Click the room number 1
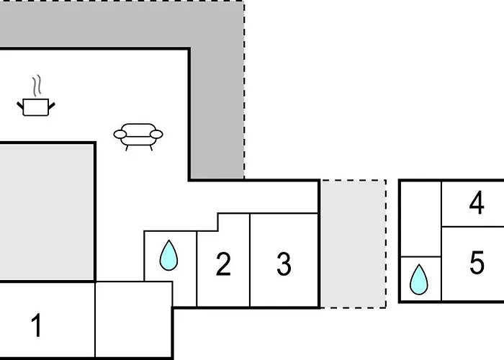tap(37, 325)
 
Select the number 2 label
tap(223, 264)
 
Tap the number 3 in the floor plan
tap(284, 264)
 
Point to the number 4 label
tap(477, 203)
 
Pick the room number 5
tap(477, 263)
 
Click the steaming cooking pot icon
tap(36, 96)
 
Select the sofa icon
tap(138, 137)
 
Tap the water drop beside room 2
tap(168, 255)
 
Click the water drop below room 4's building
tap(419, 279)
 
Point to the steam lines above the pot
tap(37, 86)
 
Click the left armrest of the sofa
tap(120, 134)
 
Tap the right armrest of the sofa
tap(156, 134)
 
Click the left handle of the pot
tap(20, 105)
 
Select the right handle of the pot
tap(51, 105)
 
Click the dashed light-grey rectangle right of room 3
tap(354, 244)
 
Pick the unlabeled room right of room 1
tap(134, 320)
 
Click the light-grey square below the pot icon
tap(47, 212)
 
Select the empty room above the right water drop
tap(420, 219)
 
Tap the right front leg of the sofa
tap(150, 148)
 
